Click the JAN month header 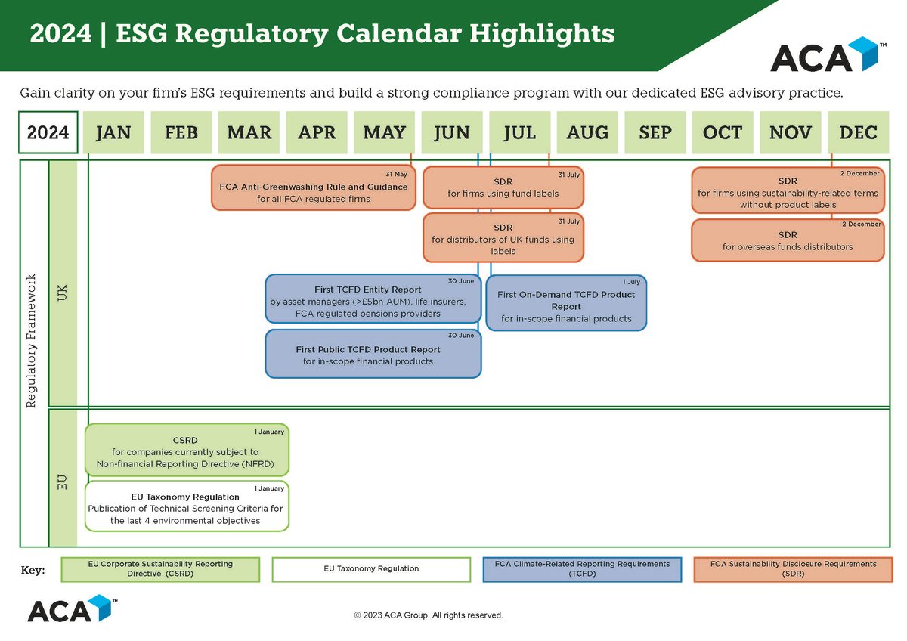[x=113, y=133]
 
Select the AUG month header [x=587, y=133]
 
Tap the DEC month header [x=858, y=133]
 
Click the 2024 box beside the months [x=48, y=133]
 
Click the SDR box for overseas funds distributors [x=788, y=240]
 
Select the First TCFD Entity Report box [x=373, y=301]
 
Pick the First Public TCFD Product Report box [x=373, y=354]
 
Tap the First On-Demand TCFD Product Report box [x=566, y=303]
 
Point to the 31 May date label [x=396, y=174]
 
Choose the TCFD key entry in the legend [x=582, y=569]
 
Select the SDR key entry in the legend [x=792, y=569]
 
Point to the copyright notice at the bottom [x=428, y=615]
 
